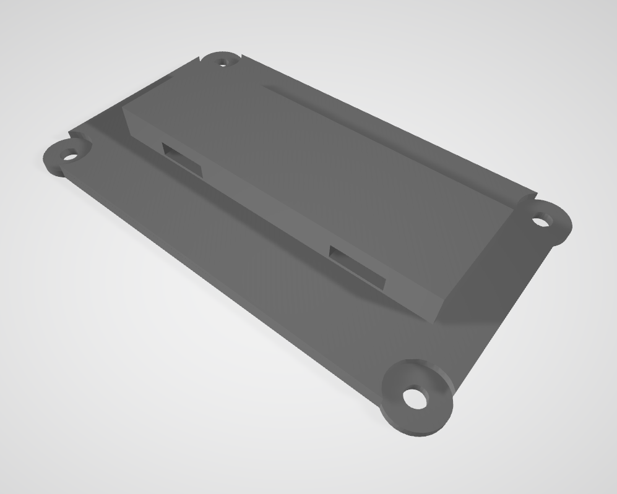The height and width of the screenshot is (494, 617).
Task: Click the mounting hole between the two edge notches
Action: click(224, 61)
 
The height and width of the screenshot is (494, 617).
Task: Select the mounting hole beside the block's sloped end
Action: click(541, 219)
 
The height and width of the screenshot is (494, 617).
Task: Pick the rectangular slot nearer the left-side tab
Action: click(182, 157)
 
